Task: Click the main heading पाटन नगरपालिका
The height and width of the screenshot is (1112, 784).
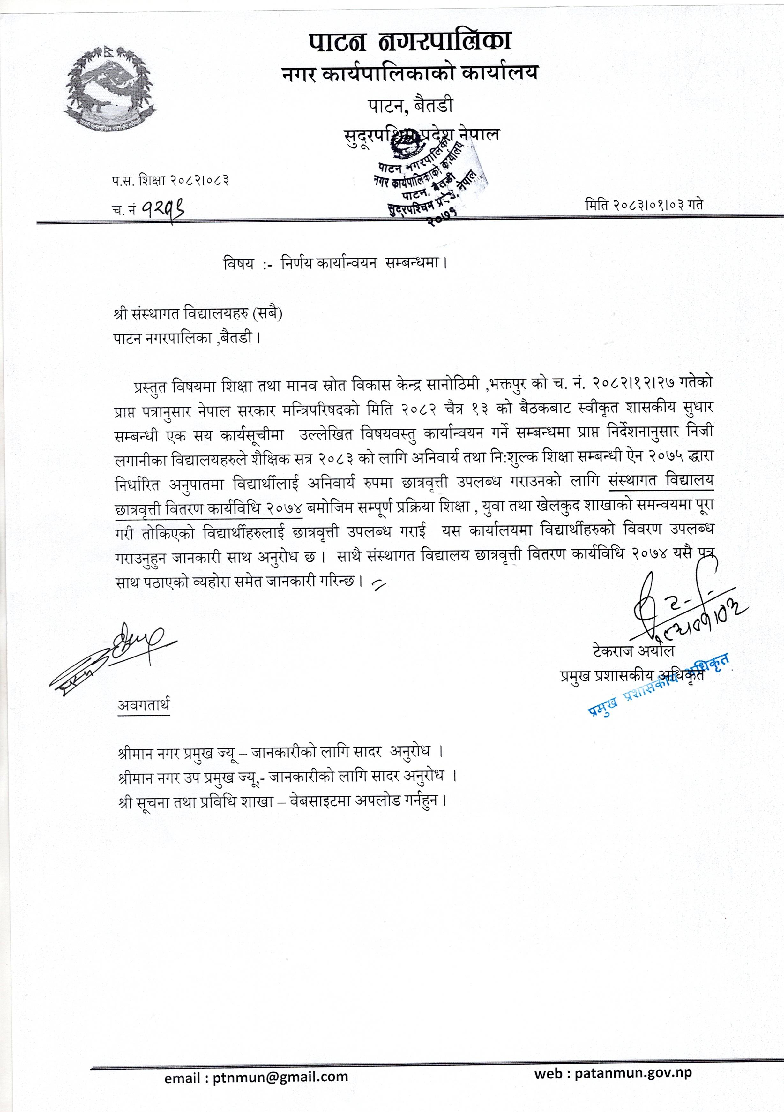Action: pos(410,43)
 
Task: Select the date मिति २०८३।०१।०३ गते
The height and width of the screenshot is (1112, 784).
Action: pos(644,204)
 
